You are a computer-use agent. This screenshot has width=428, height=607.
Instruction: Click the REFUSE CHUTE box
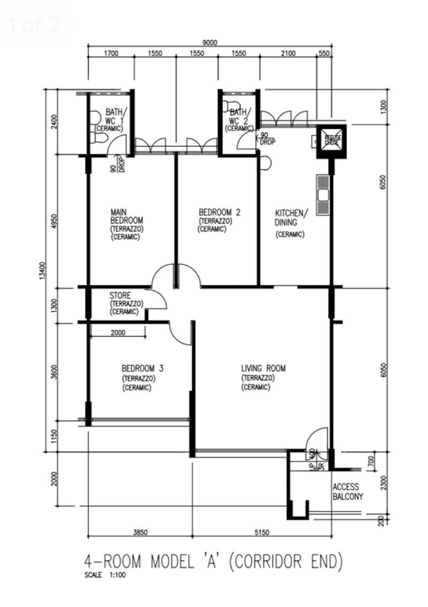(x=332, y=141)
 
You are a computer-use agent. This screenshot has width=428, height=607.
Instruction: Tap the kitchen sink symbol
(x=323, y=195)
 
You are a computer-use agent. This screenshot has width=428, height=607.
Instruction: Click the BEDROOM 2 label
(x=219, y=212)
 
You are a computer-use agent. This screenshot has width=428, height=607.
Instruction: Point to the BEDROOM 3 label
(x=142, y=368)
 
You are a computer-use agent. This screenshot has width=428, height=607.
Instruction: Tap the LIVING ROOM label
(x=263, y=368)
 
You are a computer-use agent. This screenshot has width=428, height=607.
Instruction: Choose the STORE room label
(x=120, y=295)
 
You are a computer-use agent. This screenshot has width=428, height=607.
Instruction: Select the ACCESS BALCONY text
(x=348, y=491)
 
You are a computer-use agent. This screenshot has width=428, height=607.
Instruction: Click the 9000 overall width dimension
(x=210, y=43)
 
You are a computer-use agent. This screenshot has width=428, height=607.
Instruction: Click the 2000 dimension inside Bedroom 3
(x=118, y=332)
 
